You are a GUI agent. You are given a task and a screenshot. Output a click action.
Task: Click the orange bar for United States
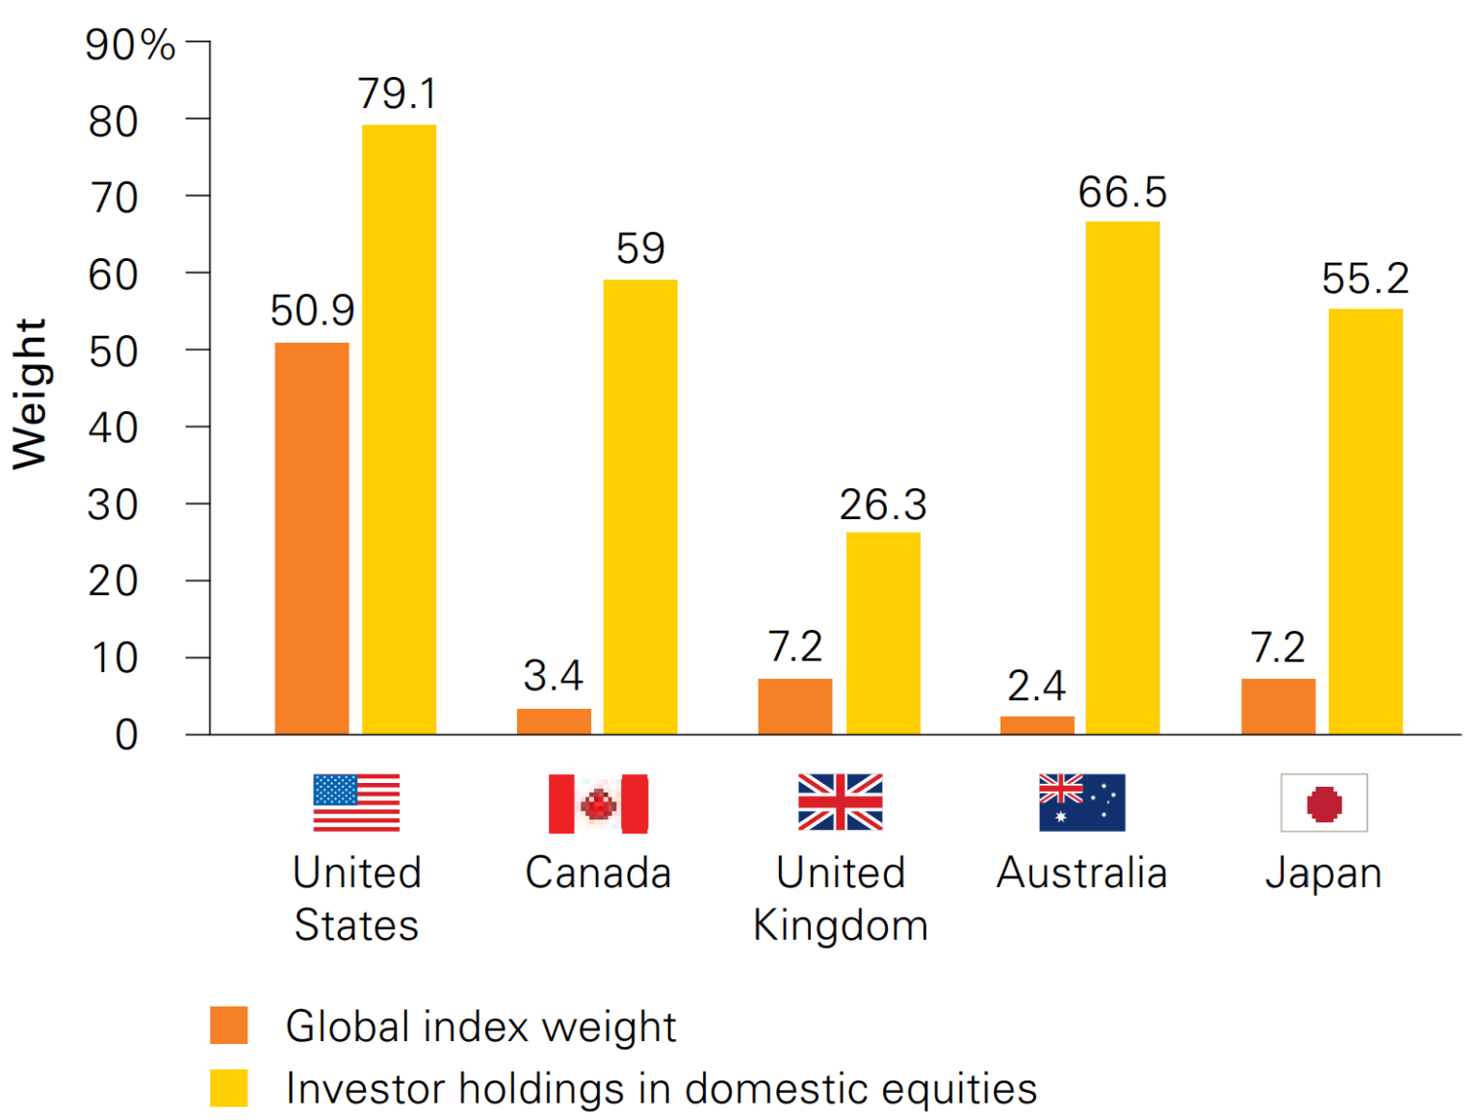[x=312, y=538]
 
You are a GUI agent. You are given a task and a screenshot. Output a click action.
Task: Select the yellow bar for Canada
[x=640, y=507]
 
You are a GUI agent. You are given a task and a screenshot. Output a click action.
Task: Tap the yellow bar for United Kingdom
[x=883, y=633]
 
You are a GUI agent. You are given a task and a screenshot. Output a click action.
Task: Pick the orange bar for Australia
[x=1037, y=724]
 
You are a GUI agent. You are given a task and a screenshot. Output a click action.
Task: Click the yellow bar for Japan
[x=1365, y=521]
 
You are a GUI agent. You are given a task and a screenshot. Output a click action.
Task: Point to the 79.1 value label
[x=398, y=94]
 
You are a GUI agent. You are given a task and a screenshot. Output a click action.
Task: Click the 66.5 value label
[x=1122, y=193]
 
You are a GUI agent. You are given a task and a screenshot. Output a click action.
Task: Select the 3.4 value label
[x=553, y=676]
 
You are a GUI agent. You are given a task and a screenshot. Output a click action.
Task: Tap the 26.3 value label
[x=883, y=505]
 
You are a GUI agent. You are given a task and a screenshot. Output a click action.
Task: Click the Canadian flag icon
[x=598, y=803]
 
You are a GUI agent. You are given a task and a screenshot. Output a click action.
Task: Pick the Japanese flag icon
[x=1324, y=803]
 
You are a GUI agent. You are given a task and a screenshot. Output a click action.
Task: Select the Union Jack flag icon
[x=840, y=802]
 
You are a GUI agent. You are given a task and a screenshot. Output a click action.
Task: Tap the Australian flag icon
[x=1081, y=802]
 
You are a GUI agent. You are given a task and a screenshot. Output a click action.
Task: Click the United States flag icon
[x=356, y=802]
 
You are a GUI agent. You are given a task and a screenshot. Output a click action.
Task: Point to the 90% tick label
[x=130, y=45]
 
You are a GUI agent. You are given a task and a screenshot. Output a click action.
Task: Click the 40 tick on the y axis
[x=113, y=428]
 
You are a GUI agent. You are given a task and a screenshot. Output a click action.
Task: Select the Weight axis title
[x=30, y=394]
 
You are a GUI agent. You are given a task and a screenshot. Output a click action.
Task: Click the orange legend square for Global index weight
[x=229, y=1026]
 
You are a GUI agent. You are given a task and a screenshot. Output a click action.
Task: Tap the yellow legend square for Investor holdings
[x=229, y=1088]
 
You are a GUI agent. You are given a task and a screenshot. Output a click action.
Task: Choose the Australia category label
[x=1081, y=873]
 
